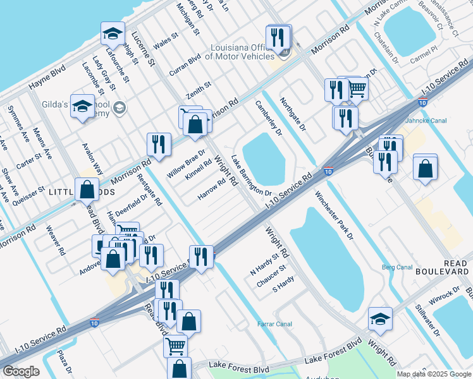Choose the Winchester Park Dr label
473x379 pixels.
pos(333,216)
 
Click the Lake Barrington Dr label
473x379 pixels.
pos(250,176)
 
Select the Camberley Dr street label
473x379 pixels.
pos(268,118)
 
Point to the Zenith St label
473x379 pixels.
pos(198,88)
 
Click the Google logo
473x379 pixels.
pos(21,371)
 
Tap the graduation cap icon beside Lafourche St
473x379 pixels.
pos(113,33)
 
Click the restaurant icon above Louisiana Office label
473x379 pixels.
pos(279,38)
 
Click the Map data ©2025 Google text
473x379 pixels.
pos(433,374)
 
